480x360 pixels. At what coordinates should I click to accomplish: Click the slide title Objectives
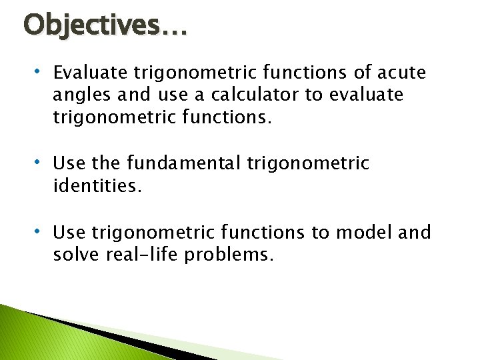(105, 26)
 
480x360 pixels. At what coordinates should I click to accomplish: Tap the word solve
(75, 255)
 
